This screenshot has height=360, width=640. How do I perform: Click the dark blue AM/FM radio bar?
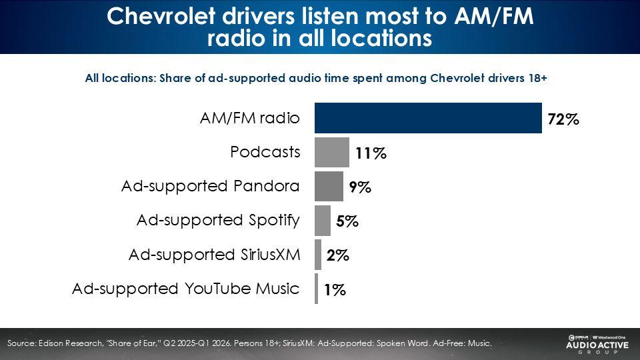(428, 118)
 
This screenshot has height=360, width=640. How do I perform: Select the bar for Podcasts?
(331, 152)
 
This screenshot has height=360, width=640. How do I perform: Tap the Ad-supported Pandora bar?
(329, 186)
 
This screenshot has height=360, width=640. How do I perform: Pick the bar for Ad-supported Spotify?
(322, 220)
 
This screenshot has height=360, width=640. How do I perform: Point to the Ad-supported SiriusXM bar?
(318, 255)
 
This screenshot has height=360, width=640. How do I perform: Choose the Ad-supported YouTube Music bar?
(317, 289)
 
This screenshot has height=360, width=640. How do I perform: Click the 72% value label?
(563, 120)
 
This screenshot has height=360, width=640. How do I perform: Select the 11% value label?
(371, 154)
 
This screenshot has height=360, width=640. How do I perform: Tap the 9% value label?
(360, 188)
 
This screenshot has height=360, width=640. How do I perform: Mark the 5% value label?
(347, 222)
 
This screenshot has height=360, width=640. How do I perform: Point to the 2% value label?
(338, 256)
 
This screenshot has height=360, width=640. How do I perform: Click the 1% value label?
(335, 290)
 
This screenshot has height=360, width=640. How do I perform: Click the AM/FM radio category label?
(250, 118)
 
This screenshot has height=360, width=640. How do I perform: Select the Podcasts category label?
(265, 152)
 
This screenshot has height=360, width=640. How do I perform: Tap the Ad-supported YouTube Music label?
(185, 289)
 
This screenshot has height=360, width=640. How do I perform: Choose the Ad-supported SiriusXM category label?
(213, 255)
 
